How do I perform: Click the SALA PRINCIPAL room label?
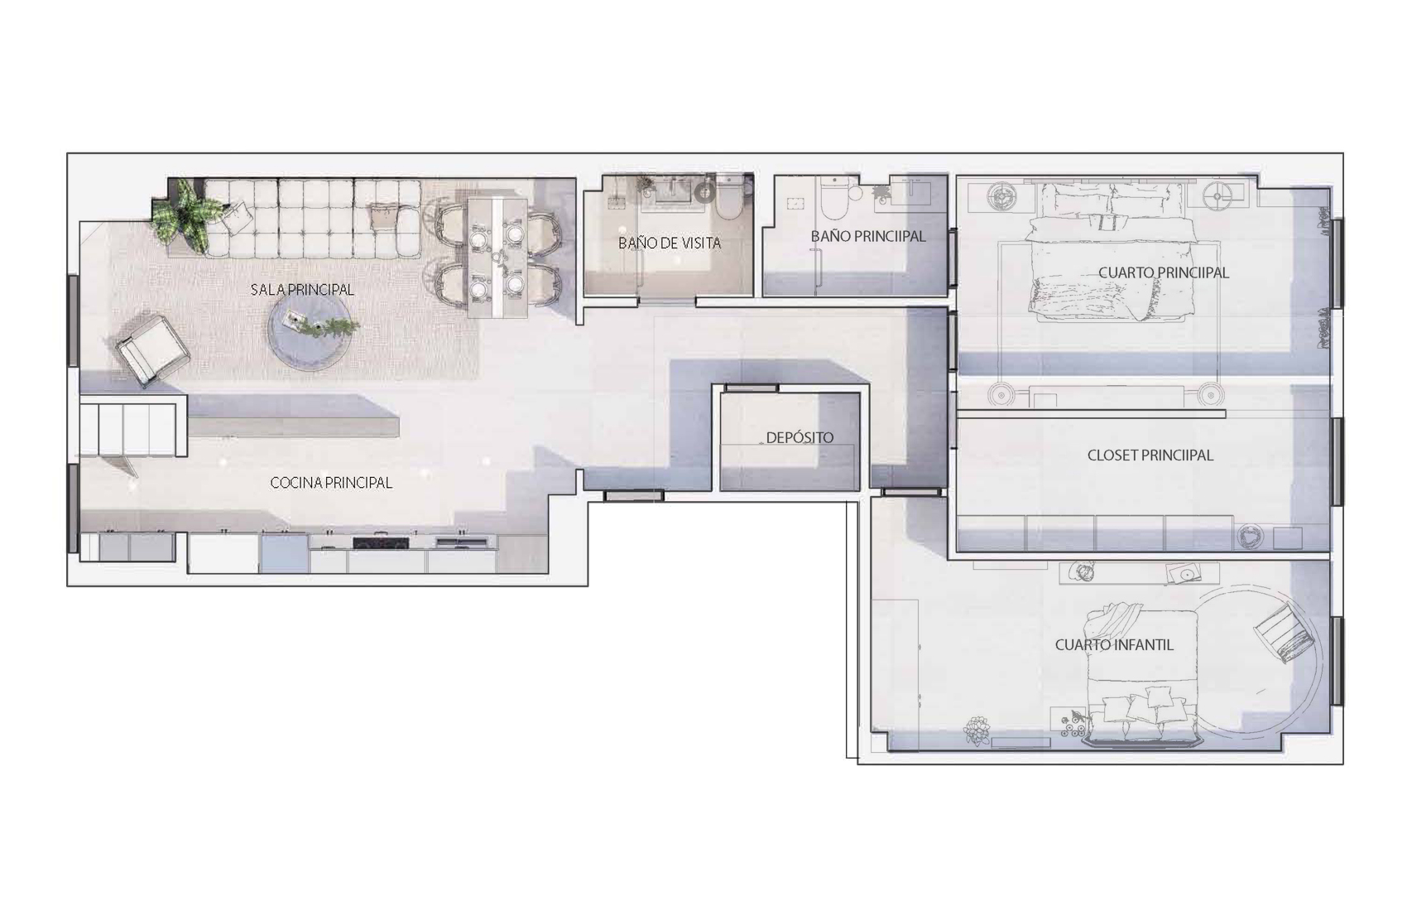tap(302, 290)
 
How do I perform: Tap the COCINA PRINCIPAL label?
tap(331, 483)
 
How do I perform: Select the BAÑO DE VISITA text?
tap(670, 243)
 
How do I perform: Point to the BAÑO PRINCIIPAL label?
tap(868, 236)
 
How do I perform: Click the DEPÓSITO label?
tap(800, 437)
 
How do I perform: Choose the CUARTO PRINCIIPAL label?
tap(1164, 272)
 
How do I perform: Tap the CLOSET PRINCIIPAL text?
tap(1150, 455)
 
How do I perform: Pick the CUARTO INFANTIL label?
tap(1114, 645)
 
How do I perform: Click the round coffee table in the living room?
tap(310, 330)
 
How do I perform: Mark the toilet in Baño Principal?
tap(835, 196)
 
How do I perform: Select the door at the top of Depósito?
tap(752, 388)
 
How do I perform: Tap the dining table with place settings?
tap(497, 258)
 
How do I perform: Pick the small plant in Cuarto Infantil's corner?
tap(977, 730)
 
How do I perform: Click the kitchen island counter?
tap(293, 416)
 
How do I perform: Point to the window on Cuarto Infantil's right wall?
tap(1337, 661)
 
